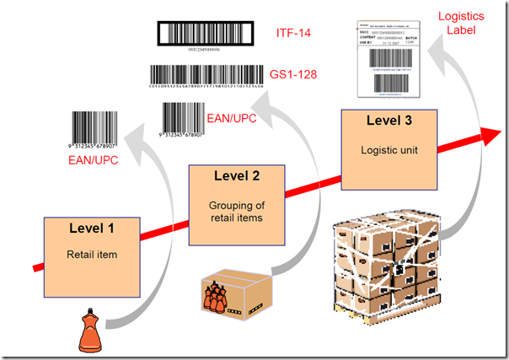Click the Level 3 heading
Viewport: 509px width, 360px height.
pyautogui.click(x=389, y=121)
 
